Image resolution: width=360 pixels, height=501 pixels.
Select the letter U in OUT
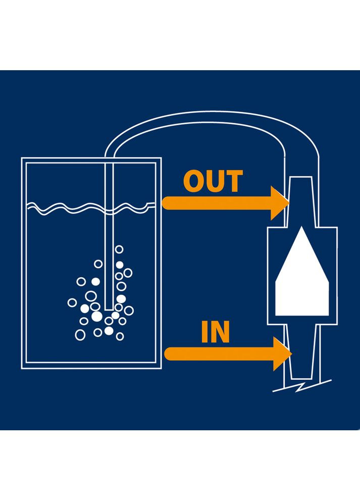point(214,182)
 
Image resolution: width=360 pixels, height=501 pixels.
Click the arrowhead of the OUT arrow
point(279,203)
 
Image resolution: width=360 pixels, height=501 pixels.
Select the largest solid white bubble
point(96,316)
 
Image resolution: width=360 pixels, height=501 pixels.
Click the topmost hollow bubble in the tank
point(119,249)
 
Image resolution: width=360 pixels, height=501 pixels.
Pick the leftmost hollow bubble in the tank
point(72,303)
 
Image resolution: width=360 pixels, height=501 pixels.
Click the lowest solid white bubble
point(109,330)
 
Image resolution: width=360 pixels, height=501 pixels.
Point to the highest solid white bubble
point(120,264)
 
